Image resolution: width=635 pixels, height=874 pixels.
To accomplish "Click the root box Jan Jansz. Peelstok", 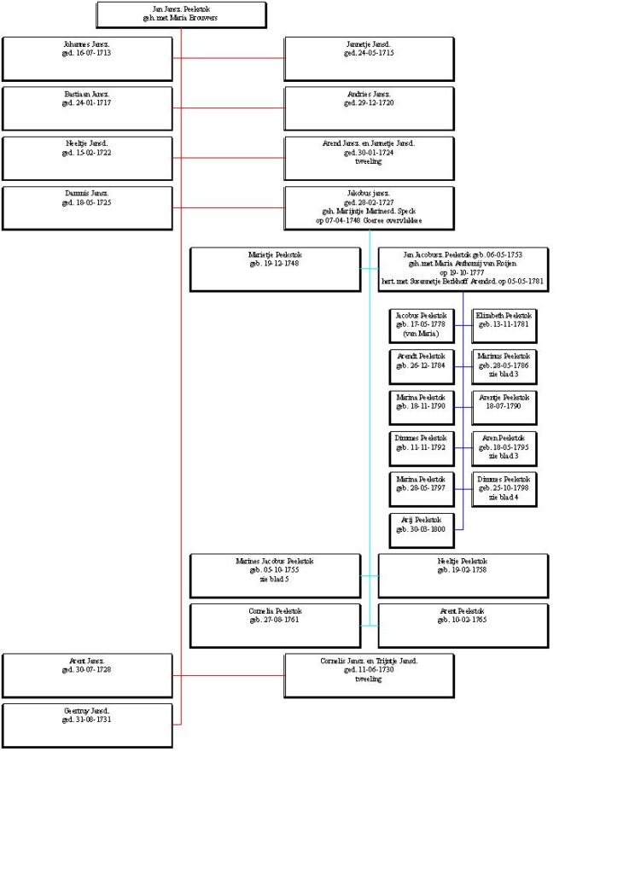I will pos(181,15).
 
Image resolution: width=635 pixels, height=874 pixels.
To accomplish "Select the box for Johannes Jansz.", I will pos(87,58).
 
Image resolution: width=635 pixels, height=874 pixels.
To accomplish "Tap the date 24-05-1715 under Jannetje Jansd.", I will pos(369,53).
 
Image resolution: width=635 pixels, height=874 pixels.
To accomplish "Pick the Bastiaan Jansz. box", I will pos(87,108).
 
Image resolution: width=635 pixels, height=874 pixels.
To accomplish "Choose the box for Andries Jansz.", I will pos(369,108).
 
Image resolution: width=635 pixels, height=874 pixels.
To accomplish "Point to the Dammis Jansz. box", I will pos(87,207).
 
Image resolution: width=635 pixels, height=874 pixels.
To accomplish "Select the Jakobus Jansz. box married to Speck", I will pos(369,207).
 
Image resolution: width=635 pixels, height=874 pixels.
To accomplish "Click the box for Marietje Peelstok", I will pos(275,269).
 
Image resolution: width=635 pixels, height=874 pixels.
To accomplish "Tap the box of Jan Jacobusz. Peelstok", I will pos(463,269).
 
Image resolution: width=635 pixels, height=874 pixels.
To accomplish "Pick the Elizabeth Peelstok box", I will pos(504,324).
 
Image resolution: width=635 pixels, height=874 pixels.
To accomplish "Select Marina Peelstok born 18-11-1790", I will pos(421,407).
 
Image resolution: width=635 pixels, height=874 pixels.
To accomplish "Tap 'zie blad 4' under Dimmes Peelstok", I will pos(504,497).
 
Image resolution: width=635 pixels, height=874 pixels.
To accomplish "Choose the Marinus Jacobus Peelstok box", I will pos(275,575).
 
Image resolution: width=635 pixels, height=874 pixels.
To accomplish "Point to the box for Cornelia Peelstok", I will pos(275,625).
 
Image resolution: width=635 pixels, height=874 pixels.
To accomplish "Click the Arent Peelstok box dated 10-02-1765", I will pos(463,625).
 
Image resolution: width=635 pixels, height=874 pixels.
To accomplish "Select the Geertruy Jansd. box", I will pos(87,725).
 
